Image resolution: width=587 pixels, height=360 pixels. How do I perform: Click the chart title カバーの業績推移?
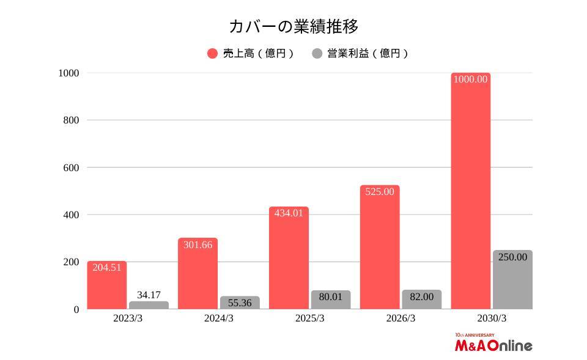(x=293, y=27)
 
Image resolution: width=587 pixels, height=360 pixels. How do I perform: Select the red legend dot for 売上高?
(x=212, y=54)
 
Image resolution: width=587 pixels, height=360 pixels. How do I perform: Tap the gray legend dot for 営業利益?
(x=317, y=54)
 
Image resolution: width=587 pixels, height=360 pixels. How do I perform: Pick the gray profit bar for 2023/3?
(x=149, y=305)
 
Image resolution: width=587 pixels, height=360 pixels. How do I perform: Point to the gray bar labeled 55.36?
(x=240, y=303)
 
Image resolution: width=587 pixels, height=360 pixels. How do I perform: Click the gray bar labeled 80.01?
(x=331, y=299)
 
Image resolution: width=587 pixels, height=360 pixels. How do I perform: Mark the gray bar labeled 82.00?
(x=421, y=299)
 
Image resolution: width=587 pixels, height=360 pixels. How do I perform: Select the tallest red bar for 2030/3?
(x=471, y=196)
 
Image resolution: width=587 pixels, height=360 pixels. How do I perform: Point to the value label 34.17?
(x=149, y=295)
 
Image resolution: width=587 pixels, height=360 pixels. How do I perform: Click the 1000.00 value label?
(x=471, y=79)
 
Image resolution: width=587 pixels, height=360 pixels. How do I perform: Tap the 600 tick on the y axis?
(x=72, y=167)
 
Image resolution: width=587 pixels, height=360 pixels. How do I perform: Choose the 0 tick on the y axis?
(x=76, y=310)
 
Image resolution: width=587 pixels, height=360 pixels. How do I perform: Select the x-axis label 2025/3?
(x=309, y=318)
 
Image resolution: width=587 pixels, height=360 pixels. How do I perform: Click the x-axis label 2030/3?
(x=492, y=318)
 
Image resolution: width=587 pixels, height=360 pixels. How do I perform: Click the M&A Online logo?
(x=493, y=345)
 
